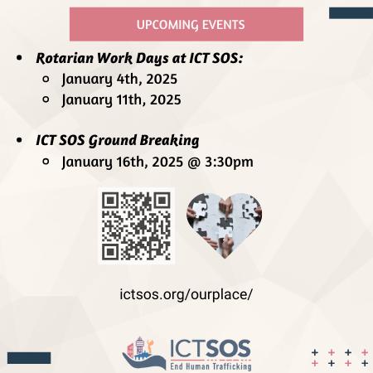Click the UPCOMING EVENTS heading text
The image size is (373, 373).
click(191, 25)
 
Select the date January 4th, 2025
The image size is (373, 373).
click(119, 80)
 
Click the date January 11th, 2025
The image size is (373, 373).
click(121, 99)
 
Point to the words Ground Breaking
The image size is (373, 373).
click(143, 140)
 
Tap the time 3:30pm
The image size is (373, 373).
click(229, 162)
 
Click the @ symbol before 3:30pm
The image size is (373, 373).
click(194, 162)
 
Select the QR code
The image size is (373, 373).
click(137, 225)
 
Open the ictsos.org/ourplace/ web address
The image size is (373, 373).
click(186, 294)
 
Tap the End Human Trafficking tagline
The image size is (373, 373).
click(211, 366)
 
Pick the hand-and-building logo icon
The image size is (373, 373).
click(143, 352)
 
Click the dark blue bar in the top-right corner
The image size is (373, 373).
click(351, 13)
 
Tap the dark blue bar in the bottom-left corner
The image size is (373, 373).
click(29, 358)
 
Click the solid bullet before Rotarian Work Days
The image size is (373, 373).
click(19, 58)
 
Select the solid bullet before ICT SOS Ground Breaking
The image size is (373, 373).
click(19, 140)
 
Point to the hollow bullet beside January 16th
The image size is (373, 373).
click(46, 162)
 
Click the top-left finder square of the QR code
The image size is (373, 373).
click(110, 200)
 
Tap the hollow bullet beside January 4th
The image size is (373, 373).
click(46, 79)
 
